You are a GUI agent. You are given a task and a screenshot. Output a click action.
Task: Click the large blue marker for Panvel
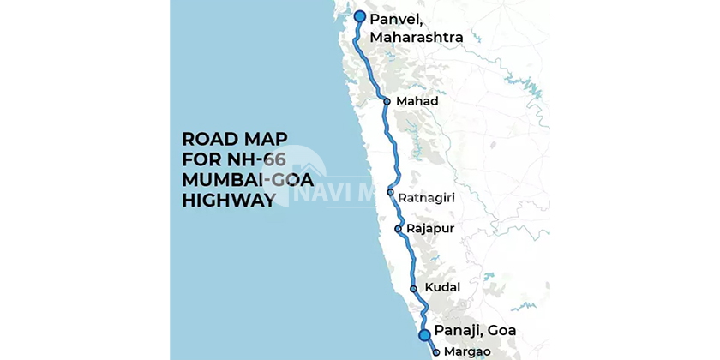click(360, 17)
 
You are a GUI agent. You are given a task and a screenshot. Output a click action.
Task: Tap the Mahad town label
click(417, 101)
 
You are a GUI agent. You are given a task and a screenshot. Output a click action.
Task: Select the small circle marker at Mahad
click(387, 101)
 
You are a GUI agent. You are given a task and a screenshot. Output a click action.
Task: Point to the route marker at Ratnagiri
click(390, 193)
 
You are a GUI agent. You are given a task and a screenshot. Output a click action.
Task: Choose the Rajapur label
click(430, 229)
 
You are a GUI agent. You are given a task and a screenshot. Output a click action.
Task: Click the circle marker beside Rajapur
click(398, 229)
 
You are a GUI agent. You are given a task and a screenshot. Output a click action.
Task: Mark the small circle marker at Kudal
click(413, 288)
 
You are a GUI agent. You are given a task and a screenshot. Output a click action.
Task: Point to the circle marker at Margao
click(436, 351)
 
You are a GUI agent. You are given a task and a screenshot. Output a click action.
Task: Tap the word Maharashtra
click(416, 38)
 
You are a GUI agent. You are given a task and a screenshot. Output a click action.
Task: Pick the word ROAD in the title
click(207, 140)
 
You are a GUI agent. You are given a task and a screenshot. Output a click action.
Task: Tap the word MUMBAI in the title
click(220, 181)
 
